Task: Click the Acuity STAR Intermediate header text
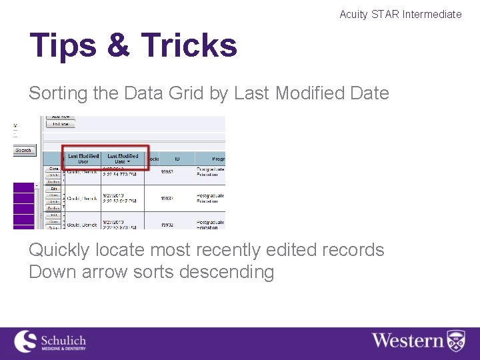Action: pos(400,14)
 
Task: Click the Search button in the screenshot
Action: pos(23,151)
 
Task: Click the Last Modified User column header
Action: pos(83,159)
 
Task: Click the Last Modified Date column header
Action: pos(123,159)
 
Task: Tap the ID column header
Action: pos(177,159)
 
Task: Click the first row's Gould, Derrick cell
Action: pos(81,172)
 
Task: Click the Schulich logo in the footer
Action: pos(50,341)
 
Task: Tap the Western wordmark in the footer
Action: pos(407,341)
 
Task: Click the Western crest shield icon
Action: pos(456,341)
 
